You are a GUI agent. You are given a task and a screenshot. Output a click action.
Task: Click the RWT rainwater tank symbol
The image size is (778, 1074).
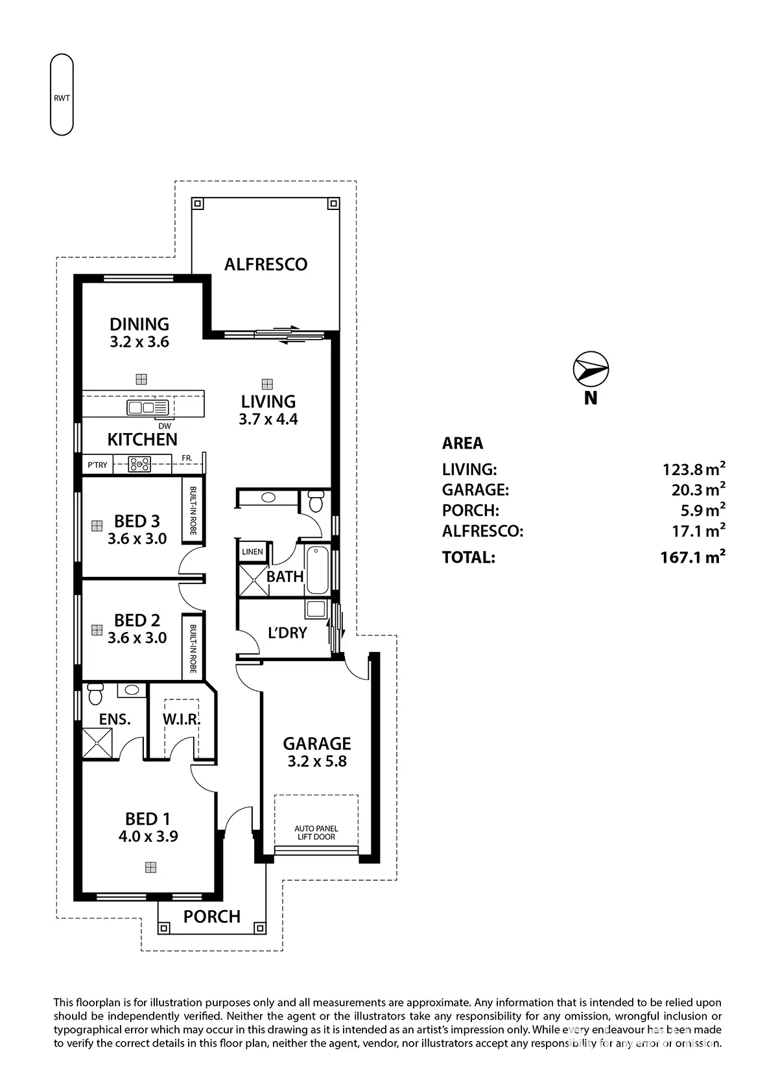[x=62, y=95]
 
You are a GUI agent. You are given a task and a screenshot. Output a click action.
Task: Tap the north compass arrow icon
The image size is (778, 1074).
[x=591, y=369]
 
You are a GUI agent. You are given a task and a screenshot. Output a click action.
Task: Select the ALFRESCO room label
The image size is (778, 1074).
[x=266, y=264]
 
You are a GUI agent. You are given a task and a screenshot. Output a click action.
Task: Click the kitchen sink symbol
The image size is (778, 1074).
[x=148, y=408]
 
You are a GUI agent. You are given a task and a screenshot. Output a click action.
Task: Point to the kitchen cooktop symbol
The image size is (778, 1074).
[x=139, y=464]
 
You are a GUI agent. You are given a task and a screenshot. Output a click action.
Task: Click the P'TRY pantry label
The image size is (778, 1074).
[x=97, y=465]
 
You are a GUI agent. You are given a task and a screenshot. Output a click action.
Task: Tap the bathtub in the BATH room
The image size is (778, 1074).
[x=318, y=570]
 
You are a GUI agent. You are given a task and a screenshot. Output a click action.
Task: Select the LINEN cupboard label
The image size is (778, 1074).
[x=252, y=552]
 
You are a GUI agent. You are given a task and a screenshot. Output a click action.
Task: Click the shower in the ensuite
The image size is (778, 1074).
[x=97, y=743]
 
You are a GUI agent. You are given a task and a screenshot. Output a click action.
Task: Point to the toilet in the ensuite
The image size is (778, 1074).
[x=95, y=694]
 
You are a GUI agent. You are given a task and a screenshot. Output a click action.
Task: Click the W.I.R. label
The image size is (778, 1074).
[x=181, y=719]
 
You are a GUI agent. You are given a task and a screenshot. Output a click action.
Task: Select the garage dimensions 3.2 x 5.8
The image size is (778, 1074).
[x=317, y=762]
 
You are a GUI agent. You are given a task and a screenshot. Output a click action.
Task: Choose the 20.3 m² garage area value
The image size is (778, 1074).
[x=698, y=489]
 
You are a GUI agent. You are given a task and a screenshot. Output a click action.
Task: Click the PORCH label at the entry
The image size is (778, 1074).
[x=212, y=916]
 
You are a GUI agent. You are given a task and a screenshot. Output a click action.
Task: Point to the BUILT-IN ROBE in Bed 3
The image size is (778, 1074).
[x=193, y=511]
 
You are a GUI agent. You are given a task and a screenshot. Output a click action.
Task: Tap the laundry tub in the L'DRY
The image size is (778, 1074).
[x=316, y=609]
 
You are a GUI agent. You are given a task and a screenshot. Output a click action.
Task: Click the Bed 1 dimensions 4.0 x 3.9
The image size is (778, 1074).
[x=148, y=836]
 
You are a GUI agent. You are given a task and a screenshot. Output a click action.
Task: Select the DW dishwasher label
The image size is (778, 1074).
[x=165, y=426]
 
